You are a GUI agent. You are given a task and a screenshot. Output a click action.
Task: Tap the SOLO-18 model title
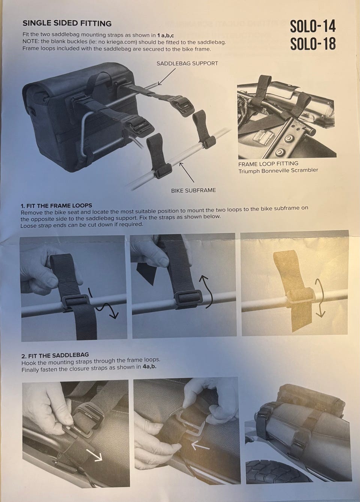tap(313, 43)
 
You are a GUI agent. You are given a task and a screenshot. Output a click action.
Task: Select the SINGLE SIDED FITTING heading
tap(67, 23)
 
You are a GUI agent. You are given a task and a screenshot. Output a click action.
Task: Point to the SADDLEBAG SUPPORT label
tap(187, 63)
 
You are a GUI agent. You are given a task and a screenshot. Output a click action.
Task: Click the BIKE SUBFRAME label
tap(193, 190)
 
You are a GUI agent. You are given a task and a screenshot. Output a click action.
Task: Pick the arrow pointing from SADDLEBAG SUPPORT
tap(167, 76)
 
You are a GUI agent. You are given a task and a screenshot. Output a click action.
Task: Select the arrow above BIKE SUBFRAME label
tap(187, 172)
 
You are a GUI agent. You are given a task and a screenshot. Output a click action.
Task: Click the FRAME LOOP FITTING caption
tap(268, 164)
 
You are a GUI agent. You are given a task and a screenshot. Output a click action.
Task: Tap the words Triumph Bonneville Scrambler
tap(278, 171)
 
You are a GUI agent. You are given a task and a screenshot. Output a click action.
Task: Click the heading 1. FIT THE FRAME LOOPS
tap(56, 205)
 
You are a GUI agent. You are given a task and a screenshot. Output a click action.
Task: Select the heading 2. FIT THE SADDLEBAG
tap(55, 355)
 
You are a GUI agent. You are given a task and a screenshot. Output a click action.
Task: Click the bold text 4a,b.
tap(150, 367)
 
